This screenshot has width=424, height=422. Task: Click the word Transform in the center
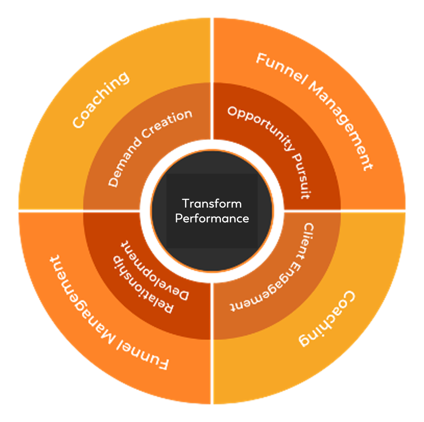click(212, 203)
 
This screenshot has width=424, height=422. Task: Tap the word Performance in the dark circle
click(212, 219)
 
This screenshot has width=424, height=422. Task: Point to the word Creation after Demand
click(167, 122)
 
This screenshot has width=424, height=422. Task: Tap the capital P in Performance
click(178, 219)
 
